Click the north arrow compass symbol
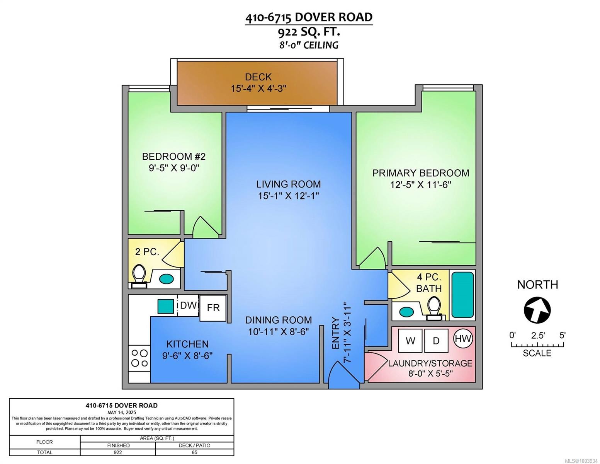pos(537,309)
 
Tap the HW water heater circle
pos(463,338)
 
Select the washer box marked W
pos(410,341)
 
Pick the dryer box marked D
pos(436,341)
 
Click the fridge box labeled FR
pos(213,308)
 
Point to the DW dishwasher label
pos(188,305)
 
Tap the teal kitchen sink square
pos(165,306)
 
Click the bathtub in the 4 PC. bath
pos(462,295)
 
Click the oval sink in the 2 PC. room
pos(166,278)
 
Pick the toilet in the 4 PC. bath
pos(434,308)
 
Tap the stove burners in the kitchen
pos(139,358)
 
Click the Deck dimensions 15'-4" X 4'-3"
pos(258,89)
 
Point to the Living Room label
pos(288,184)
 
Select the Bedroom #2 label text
pos(174,157)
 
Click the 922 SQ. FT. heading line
pos(309,32)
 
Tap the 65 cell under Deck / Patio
pos(194,452)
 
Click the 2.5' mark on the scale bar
pos(537,335)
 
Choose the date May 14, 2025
pos(121,412)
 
